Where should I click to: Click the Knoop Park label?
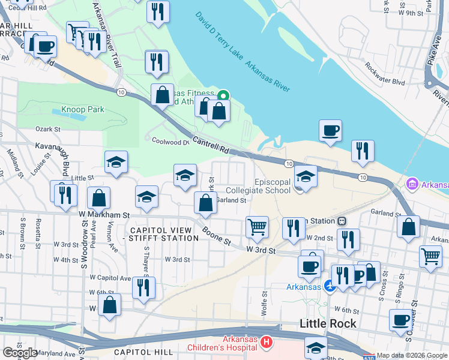point(83,110)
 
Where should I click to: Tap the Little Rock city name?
point(328,323)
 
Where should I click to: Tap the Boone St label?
point(217,234)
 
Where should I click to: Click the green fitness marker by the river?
point(223,95)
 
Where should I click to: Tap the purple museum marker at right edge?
point(412,184)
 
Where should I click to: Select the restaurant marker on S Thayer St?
point(143,287)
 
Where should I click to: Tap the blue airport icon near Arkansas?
point(328,287)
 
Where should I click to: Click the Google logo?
point(20,353)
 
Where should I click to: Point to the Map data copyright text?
point(412,355)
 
